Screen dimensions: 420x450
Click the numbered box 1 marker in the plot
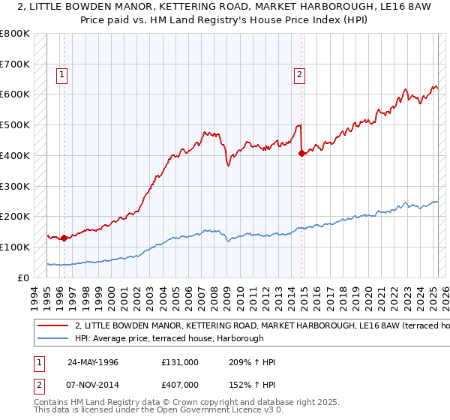(x=60, y=74)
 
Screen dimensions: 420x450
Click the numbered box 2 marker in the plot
(x=299, y=74)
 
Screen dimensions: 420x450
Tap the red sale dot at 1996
(x=64, y=238)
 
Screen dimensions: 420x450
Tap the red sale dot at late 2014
(x=301, y=154)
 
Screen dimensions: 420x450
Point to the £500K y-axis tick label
(x=15, y=124)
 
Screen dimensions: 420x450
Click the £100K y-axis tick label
(x=15, y=247)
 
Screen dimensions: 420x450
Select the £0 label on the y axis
(x=23, y=277)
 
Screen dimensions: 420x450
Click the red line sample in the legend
(x=52, y=326)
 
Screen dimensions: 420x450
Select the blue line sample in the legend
(x=52, y=339)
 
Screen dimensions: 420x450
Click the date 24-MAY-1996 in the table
(x=94, y=362)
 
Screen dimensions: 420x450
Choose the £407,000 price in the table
(x=179, y=385)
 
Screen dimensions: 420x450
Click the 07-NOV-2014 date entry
(x=94, y=385)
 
